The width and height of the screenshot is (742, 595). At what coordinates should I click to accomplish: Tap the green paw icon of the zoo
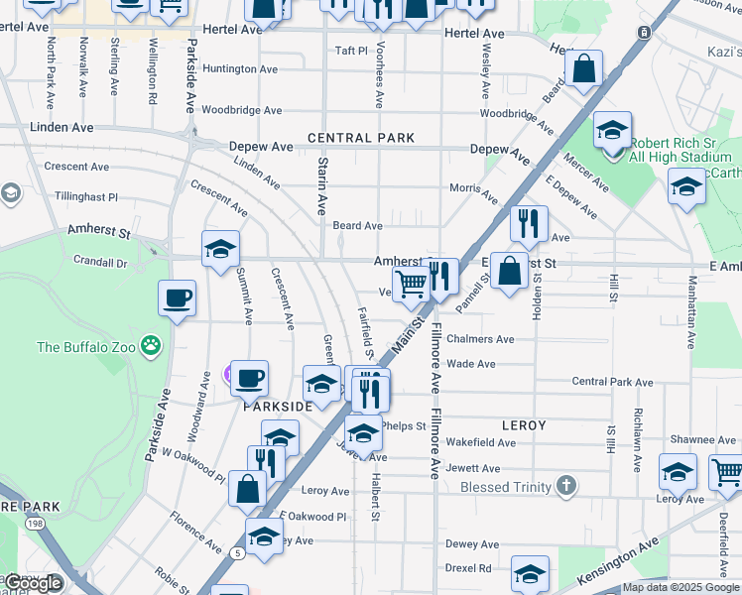(151, 346)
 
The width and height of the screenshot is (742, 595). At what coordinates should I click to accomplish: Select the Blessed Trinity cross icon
(565, 486)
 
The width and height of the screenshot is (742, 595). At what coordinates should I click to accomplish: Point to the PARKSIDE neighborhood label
(278, 406)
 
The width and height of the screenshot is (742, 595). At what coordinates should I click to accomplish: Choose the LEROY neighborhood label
(524, 425)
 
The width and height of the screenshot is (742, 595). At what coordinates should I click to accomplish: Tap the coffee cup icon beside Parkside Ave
(177, 297)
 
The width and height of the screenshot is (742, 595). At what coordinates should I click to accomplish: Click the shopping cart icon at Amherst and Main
(411, 284)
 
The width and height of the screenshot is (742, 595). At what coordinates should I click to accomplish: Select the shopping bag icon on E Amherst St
(509, 270)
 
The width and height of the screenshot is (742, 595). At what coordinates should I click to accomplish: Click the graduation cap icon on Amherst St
(220, 249)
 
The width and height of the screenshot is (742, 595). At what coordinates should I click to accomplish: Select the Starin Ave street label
(321, 185)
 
